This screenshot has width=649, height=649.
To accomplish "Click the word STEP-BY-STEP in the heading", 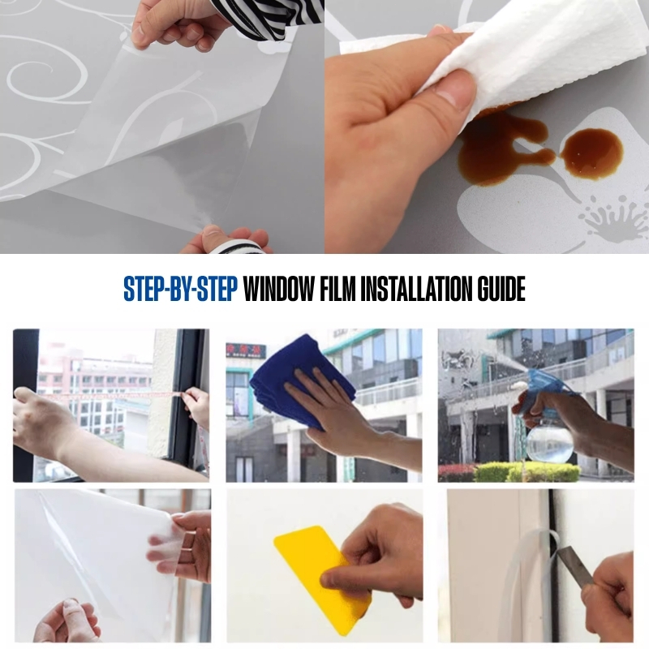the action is point(180,289).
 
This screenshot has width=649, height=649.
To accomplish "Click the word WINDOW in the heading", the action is point(278,289).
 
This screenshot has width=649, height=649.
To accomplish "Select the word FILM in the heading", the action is point(337,289).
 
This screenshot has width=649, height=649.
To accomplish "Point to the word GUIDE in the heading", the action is point(501,289).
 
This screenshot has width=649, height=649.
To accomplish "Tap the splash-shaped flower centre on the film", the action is point(612,218).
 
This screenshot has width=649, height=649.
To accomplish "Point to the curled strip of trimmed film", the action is point(534,571).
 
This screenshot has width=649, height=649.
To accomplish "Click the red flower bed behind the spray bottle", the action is point(458,472).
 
